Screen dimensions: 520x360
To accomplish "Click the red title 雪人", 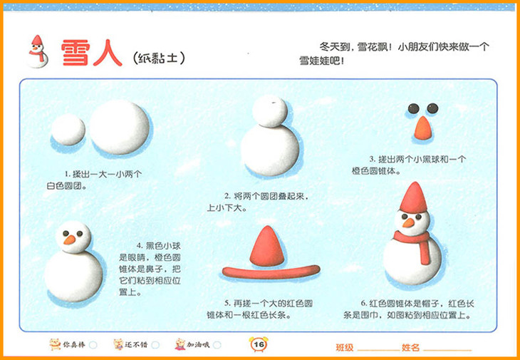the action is point(91,53).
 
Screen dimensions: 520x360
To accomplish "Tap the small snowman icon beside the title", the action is point(38,51).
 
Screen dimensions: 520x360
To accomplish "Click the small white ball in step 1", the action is point(68,130).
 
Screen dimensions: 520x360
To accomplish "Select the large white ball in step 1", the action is point(120,128).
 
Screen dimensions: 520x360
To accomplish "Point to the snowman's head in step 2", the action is point(270,111).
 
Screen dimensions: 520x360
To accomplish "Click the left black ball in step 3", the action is point(414,108).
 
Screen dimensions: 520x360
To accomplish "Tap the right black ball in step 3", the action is point(432,108).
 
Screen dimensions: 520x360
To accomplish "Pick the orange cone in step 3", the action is point(423,128).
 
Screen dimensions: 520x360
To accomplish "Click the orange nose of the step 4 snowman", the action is point(70,240).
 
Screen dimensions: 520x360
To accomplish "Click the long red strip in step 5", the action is point(271,272).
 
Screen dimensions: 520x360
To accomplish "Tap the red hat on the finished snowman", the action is point(413,197).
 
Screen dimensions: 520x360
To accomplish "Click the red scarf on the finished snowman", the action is point(415,243).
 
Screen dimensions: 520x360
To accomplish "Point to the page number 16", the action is point(259,344).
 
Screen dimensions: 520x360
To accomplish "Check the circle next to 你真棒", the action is point(93,345).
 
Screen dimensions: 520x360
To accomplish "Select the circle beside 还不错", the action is point(155,345).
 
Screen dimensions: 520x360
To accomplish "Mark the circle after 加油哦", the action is point(217,345).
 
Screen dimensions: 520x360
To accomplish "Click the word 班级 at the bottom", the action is point(345,347).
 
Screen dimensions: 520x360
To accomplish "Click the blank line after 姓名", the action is point(447,350).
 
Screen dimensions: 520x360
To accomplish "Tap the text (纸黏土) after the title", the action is point(158,58).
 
